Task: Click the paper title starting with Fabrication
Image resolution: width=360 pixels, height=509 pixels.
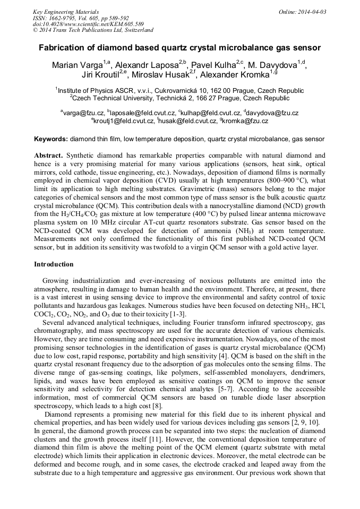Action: [179, 48]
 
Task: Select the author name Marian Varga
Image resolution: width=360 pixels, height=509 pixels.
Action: [76, 65]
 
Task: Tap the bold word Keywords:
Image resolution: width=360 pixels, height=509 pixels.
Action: [51, 139]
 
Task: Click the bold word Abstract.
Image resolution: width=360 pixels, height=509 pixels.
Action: [48, 156]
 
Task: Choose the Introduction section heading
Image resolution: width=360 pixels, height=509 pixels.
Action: [54, 264]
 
